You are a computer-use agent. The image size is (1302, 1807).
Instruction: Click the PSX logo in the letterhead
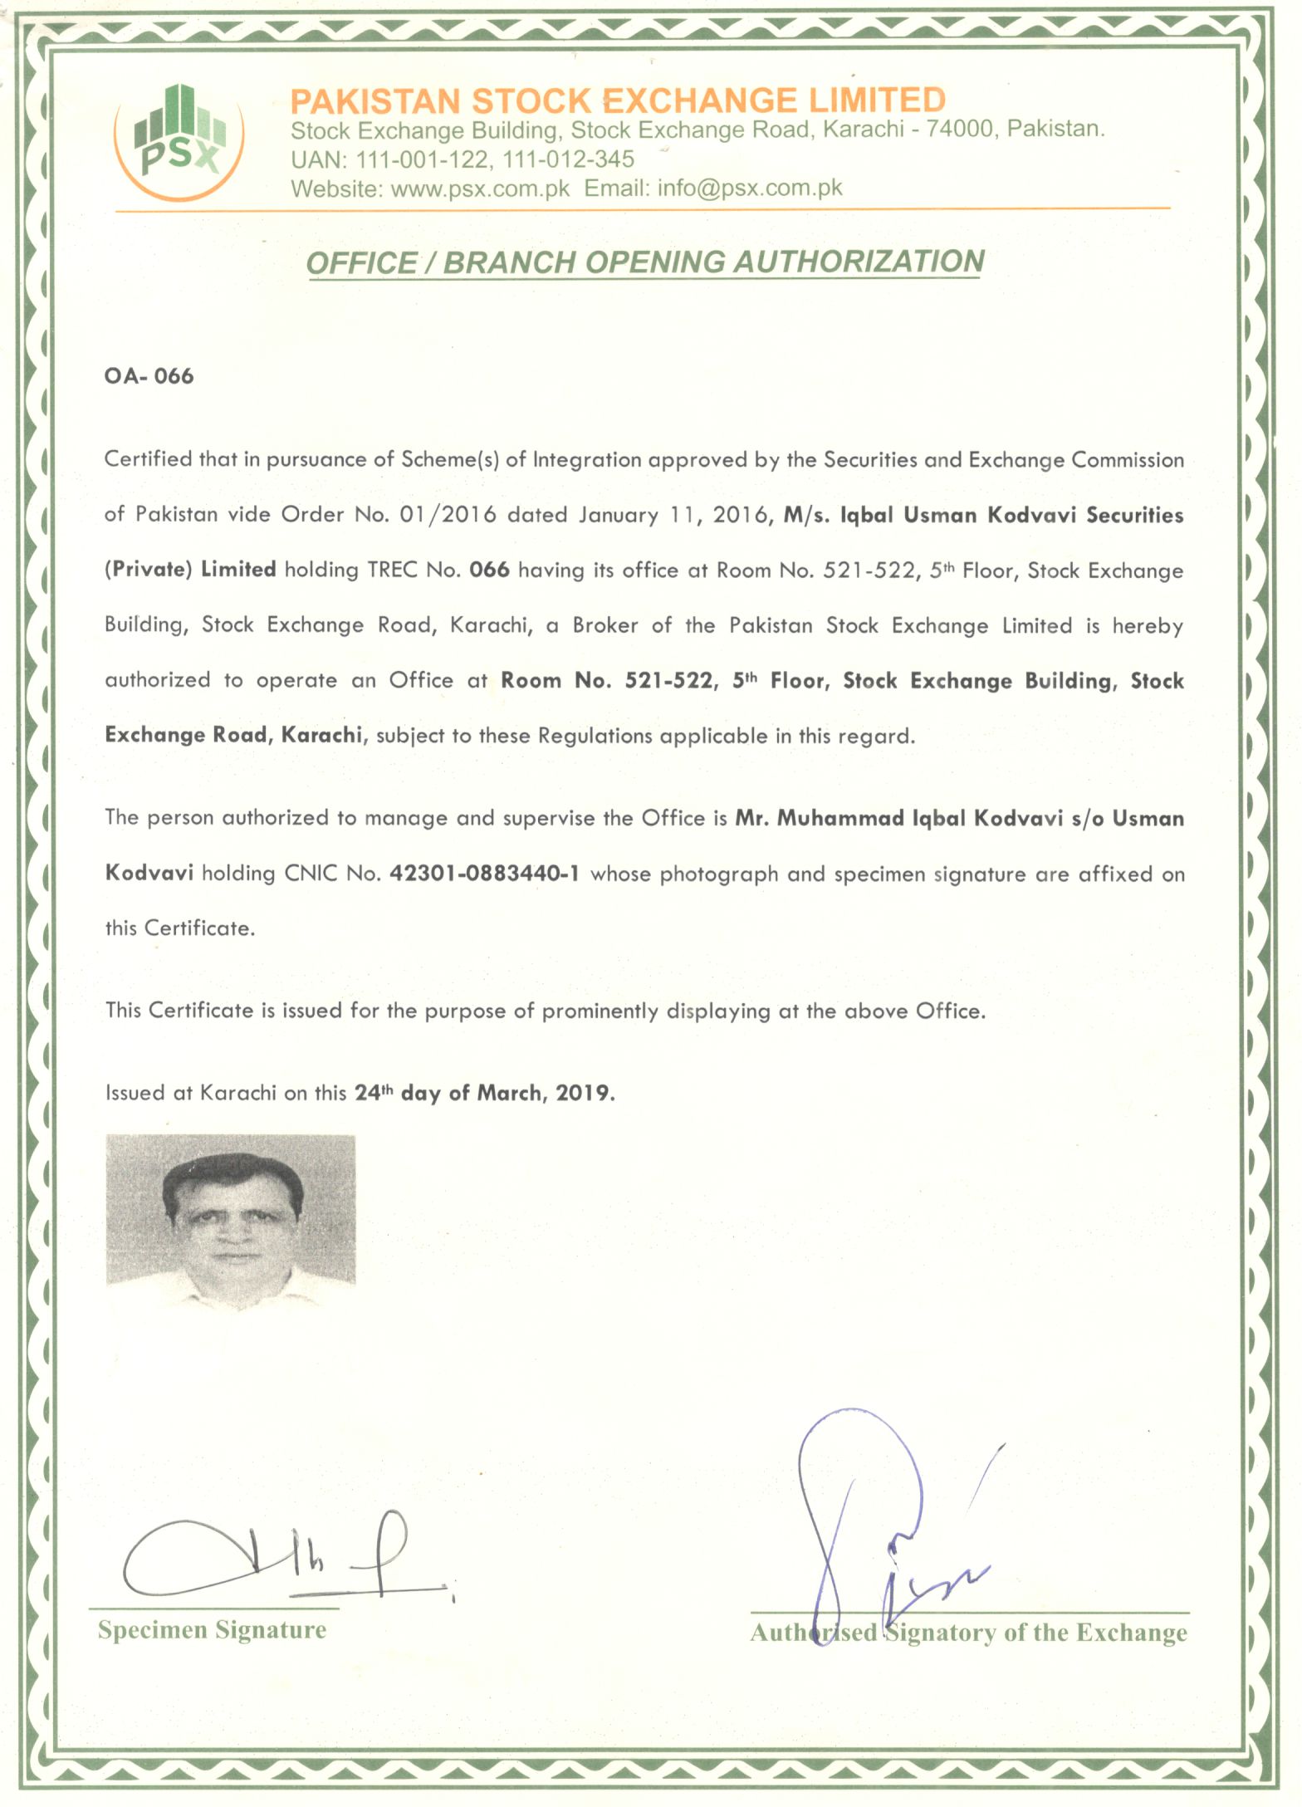tap(180, 141)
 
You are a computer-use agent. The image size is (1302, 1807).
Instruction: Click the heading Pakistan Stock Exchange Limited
tap(617, 100)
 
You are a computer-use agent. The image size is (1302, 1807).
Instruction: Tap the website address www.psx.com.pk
tap(480, 189)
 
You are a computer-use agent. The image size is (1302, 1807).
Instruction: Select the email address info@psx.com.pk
tap(750, 189)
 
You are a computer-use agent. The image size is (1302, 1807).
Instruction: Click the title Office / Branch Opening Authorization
tap(645, 262)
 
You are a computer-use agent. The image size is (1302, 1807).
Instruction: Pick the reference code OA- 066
tap(149, 376)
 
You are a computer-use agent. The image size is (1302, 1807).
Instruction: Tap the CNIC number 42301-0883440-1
tap(484, 874)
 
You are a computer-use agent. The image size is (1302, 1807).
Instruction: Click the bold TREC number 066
tap(489, 570)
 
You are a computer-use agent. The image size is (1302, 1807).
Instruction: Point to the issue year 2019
tap(584, 1093)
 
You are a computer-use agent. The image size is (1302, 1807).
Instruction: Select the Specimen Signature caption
tap(212, 1629)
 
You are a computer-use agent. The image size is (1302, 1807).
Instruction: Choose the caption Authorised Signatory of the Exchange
tap(968, 1633)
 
